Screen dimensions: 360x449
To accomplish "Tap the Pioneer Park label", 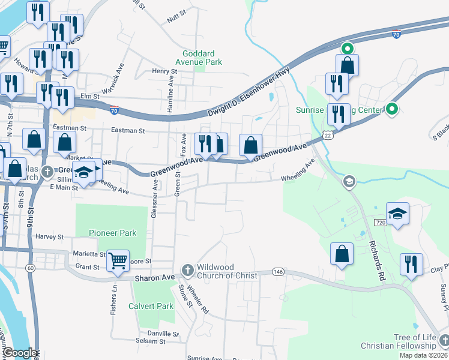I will [112, 233].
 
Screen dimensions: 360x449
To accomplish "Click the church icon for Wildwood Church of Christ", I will [188, 269].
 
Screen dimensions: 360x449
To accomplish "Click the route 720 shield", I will [379, 223].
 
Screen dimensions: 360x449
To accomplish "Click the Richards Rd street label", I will [376, 262].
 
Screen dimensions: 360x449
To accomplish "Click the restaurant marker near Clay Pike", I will [411, 264].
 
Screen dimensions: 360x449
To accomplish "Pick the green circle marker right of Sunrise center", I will [392, 109].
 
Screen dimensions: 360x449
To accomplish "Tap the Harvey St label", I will [49, 236].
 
